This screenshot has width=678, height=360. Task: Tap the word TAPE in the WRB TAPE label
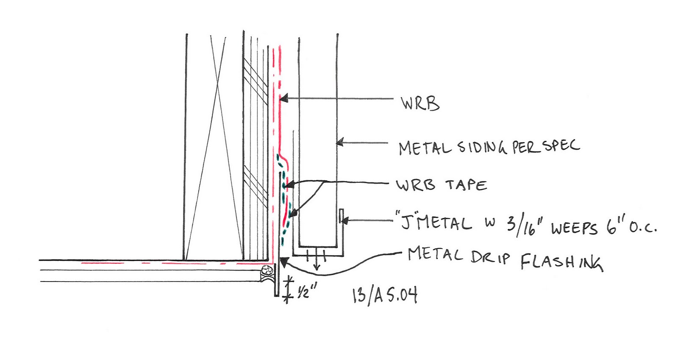[466, 185]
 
